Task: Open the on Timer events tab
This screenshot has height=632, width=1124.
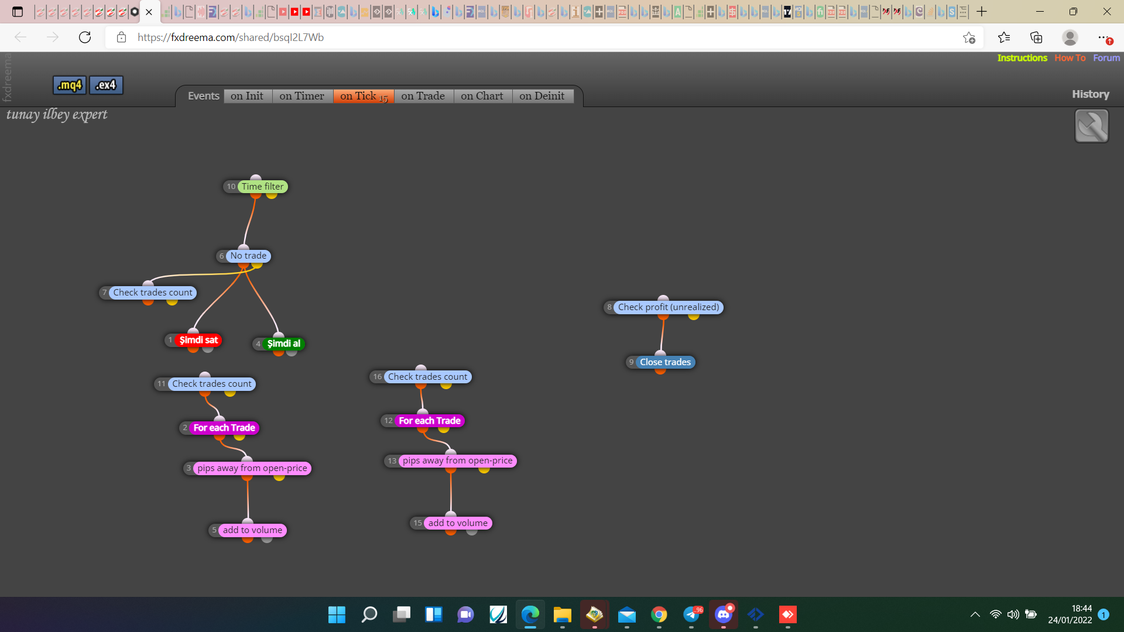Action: (301, 96)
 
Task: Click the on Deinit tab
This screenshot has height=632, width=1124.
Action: (542, 96)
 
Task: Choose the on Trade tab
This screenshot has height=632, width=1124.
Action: (423, 96)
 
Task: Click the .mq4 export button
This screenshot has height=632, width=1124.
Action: (70, 85)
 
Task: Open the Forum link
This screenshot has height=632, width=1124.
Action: (1106, 58)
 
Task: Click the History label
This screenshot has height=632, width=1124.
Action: (1090, 94)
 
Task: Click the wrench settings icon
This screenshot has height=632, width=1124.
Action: (1092, 126)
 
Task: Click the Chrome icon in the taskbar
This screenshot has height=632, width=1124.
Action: (659, 614)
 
